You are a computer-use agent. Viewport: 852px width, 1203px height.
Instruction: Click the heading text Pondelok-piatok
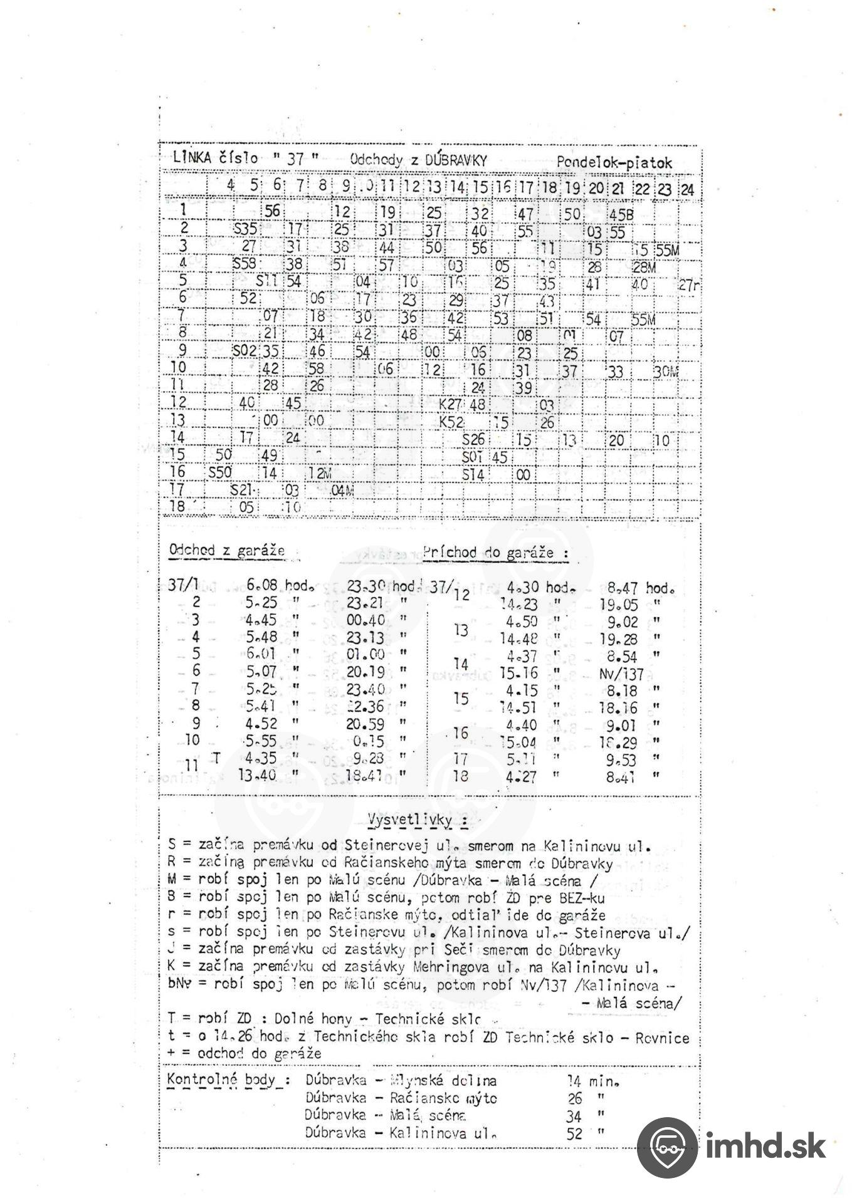pyautogui.click(x=614, y=163)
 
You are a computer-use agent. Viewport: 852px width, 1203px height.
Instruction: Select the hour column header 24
pyautogui.click(x=687, y=189)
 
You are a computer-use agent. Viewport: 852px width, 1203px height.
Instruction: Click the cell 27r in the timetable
pyautogui.click(x=689, y=286)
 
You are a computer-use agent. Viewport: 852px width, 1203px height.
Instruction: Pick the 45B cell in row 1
pyautogui.click(x=621, y=215)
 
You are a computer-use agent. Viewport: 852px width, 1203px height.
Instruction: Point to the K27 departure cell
pyautogui.click(x=450, y=404)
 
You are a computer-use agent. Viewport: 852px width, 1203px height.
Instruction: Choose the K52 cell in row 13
pyautogui.click(x=451, y=422)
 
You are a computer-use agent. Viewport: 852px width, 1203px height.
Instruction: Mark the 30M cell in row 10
pyautogui.click(x=666, y=372)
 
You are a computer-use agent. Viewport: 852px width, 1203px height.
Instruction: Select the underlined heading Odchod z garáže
pyautogui.click(x=227, y=551)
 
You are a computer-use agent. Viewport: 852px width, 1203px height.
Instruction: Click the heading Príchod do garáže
pyautogui.click(x=495, y=553)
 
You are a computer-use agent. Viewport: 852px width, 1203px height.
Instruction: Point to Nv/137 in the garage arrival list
pyautogui.click(x=621, y=674)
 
